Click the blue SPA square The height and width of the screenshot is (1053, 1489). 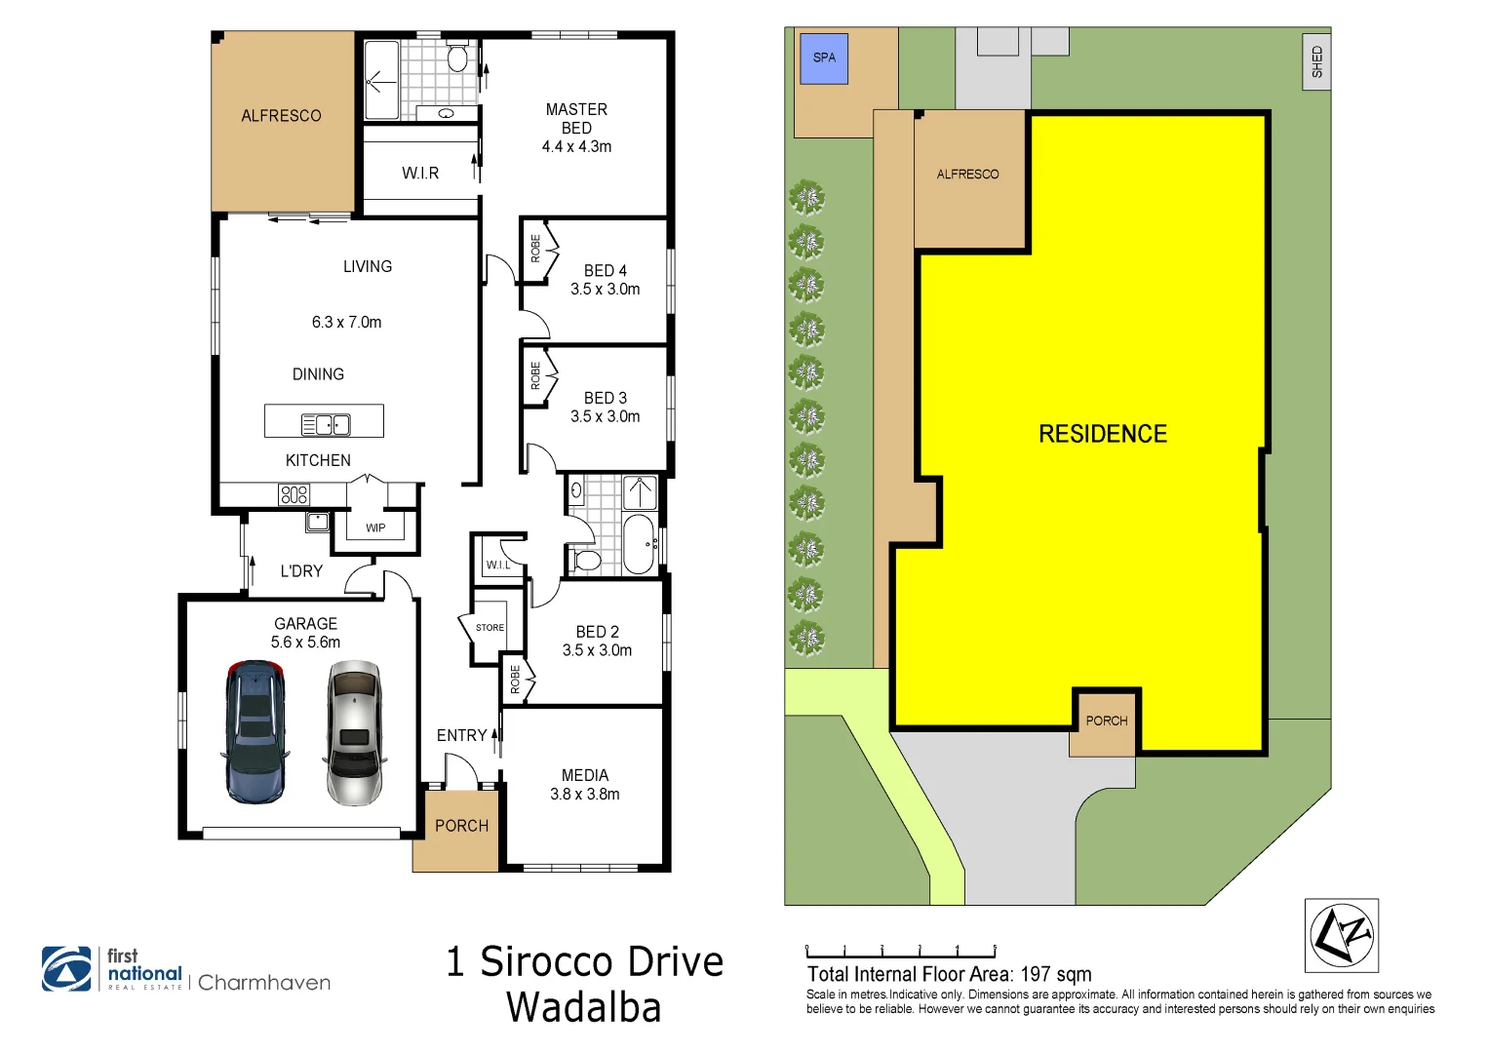(x=824, y=58)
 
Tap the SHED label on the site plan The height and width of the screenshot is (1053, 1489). (x=1316, y=61)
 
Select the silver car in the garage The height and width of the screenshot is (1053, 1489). (x=354, y=732)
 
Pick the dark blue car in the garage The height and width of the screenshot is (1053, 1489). (x=255, y=732)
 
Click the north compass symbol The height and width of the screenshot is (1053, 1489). (x=1342, y=935)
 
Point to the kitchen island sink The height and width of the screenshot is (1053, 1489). (x=326, y=424)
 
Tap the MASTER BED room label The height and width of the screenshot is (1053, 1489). (x=576, y=118)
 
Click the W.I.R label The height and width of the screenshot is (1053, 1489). (x=420, y=173)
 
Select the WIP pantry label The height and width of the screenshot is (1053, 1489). (x=375, y=527)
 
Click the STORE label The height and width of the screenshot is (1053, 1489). (x=490, y=628)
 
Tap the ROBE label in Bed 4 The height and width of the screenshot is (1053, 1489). (x=535, y=249)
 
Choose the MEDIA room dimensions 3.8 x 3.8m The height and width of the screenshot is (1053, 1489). (x=584, y=794)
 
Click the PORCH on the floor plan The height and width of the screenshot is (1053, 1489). (x=460, y=827)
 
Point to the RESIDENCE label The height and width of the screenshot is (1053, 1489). (x=1102, y=434)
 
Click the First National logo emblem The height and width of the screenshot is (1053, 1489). (x=66, y=969)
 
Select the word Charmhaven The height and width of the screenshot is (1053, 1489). (x=264, y=983)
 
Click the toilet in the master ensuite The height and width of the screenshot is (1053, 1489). (x=457, y=59)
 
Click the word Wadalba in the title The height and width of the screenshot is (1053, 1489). (x=583, y=1007)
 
